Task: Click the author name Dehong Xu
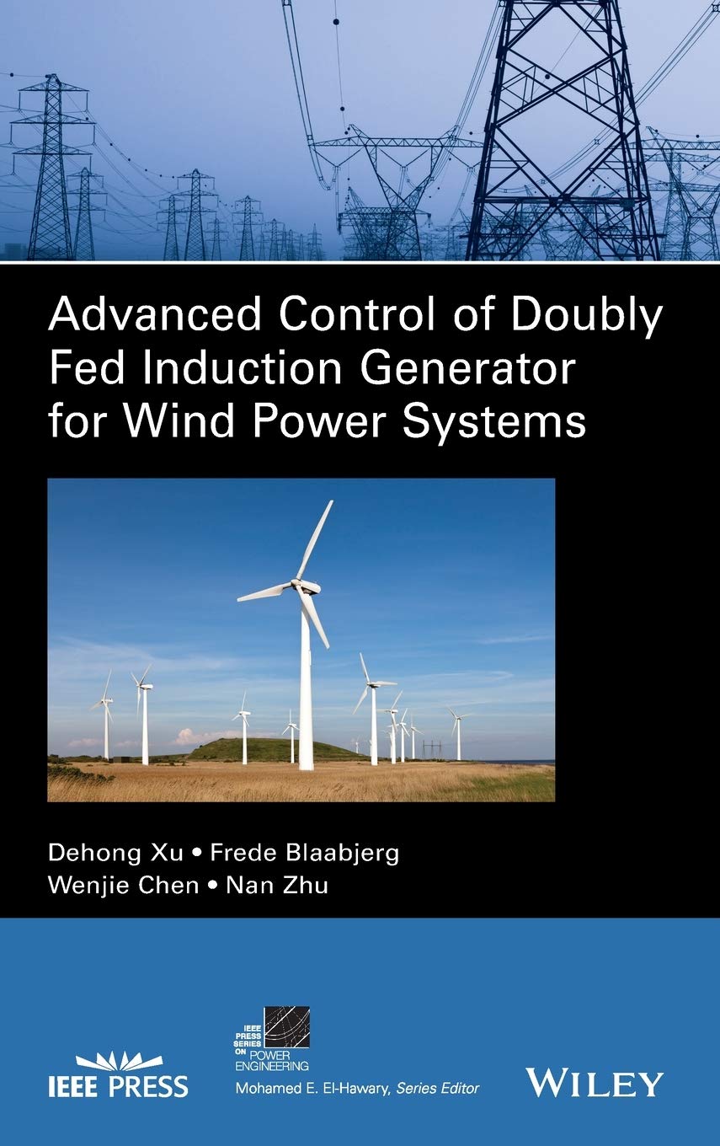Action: [x=115, y=853]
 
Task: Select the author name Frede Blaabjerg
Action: [x=304, y=853]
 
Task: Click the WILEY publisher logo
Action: [x=595, y=1083]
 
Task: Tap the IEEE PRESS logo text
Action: [x=132, y=1084]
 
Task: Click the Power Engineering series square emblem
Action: [x=286, y=1027]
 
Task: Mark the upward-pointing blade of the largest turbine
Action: [x=315, y=539]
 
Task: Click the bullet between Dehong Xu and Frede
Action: [x=197, y=854]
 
